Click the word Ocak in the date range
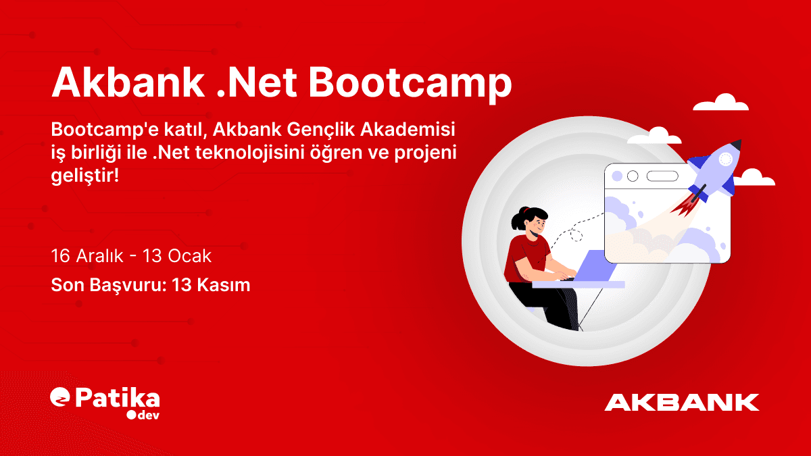click(191, 257)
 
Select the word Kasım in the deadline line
click(224, 285)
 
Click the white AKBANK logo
click(682, 402)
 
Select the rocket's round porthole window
click(725, 159)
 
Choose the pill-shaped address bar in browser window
click(662, 176)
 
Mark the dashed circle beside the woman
click(576, 235)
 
